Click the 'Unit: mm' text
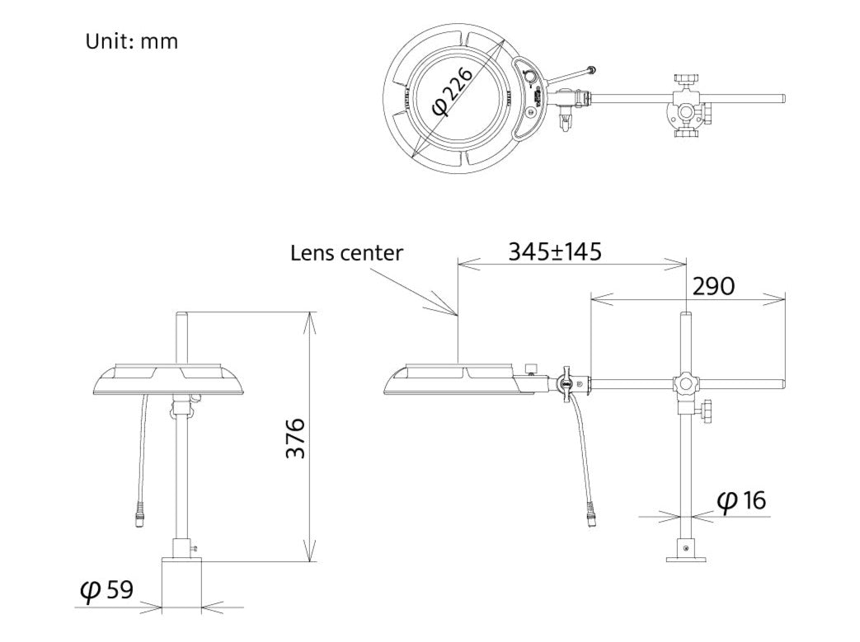click(x=132, y=41)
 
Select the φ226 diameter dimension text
click(x=453, y=91)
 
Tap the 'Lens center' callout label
click(x=346, y=253)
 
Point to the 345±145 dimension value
click(x=554, y=251)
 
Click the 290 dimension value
click(x=713, y=286)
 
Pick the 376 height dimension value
click(x=296, y=438)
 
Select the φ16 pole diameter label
click(x=741, y=500)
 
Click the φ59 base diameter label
click(x=106, y=590)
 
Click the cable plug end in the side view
click(x=590, y=516)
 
